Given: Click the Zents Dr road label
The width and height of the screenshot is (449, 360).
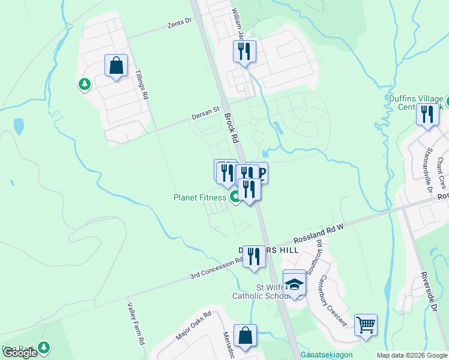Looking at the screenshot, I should (x=178, y=22).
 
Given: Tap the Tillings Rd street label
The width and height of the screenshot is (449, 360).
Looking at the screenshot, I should (x=142, y=85).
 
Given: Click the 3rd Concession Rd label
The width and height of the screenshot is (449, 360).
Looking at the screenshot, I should (x=215, y=268).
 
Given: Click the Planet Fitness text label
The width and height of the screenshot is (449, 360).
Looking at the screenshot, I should (x=200, y=197).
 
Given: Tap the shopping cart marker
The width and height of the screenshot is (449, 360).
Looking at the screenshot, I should (x=366, y=325).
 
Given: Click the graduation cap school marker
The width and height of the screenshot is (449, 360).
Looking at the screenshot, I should (x=294, y=284).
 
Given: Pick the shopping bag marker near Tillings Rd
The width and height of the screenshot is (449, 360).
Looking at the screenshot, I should (x=116, y=65).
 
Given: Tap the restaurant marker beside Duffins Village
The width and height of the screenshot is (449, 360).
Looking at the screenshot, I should (x=427, y=114).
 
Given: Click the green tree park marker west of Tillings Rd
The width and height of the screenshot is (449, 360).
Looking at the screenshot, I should (x=84, y=85).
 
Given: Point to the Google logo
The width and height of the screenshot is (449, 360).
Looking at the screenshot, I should (x=20, y=353).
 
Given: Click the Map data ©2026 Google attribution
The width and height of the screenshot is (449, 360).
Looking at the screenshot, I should (x=412, y=355).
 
